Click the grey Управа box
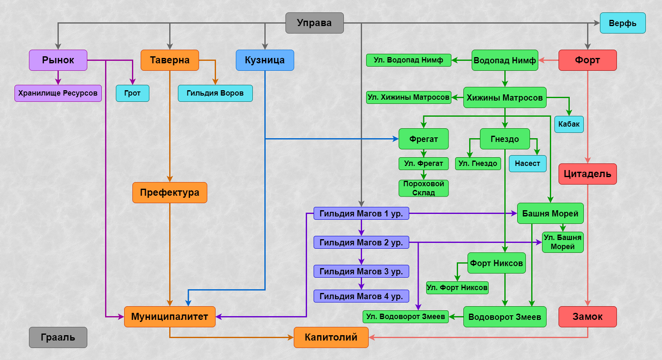(314, 23)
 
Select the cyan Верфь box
(622, 23)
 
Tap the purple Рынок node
(58, 60)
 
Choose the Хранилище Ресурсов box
(58, 93)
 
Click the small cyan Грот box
(132, 93)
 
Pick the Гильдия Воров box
(215, 93)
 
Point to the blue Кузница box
(265, 60)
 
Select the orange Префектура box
(170, 192)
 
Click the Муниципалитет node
(170, 317)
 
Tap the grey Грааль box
(58, 337)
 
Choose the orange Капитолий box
(331, 337)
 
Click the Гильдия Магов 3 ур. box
(361, 271)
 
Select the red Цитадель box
(588, 174)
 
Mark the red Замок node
(588, 317)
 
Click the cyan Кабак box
(569, 124)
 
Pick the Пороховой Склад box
(424, 188)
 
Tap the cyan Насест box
(528, 163)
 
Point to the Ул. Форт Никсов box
(457, 288)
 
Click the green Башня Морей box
(550, 213)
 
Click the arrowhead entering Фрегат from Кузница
(396, 139)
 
